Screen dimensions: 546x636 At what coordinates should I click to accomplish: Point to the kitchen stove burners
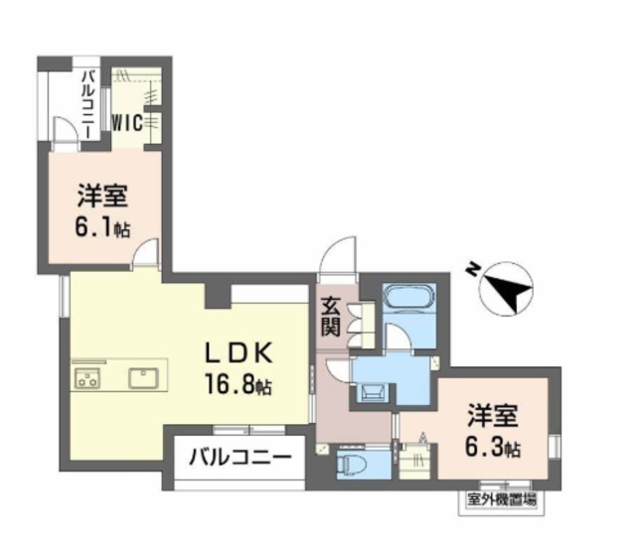click(x=86, y=378)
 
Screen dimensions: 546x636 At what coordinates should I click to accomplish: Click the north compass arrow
click(x=509, y=290)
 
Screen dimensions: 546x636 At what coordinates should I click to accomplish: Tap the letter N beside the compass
click(x=474, y=268)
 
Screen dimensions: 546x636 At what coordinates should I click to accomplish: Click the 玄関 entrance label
click(x=331, y=317)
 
